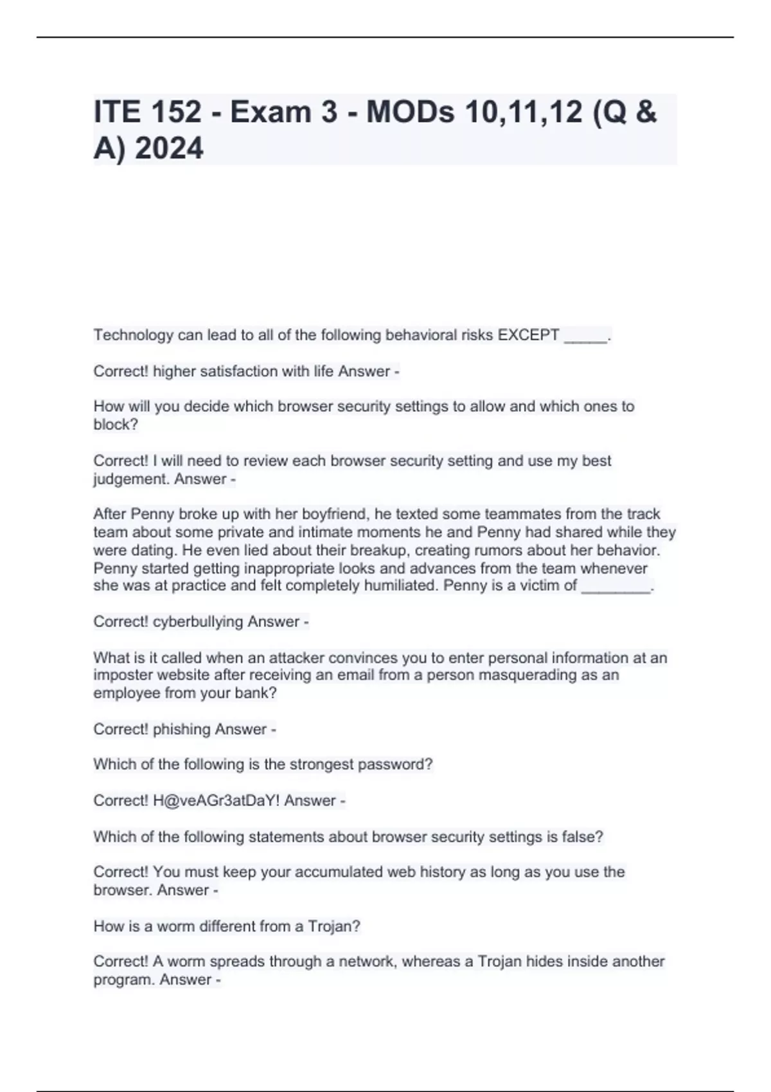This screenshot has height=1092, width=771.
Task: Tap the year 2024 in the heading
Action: pyautogui.click(x=170, y=148)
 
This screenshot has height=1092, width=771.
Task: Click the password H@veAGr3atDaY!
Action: pyautogui.click(x=216, y=800)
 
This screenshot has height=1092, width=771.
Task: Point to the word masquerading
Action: pyautogui.click(x=524, y=675)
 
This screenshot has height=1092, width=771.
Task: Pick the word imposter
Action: pyautogui.click(x=123, y=675)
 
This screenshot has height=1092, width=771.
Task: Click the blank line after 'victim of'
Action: pyautogui.click(x=616, y=586)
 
